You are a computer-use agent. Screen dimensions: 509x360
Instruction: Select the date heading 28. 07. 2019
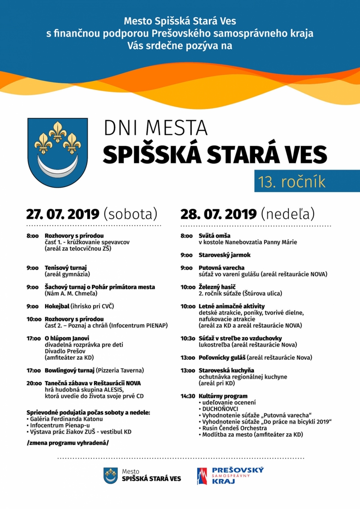point(219,213)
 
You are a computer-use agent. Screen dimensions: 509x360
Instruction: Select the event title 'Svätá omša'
point(215,235)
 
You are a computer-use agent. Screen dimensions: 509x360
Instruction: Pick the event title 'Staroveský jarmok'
point(225,255)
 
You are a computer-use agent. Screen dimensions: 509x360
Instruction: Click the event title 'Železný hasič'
point(217,287)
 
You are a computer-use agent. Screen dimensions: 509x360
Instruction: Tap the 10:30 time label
point(188,338)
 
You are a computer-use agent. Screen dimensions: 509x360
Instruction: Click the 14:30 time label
point(188,396)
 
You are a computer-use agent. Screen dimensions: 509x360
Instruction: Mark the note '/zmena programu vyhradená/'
point(67,443)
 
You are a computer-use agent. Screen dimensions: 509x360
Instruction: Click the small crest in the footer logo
point(111,475)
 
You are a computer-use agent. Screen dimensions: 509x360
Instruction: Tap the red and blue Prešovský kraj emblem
point(202,476)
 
